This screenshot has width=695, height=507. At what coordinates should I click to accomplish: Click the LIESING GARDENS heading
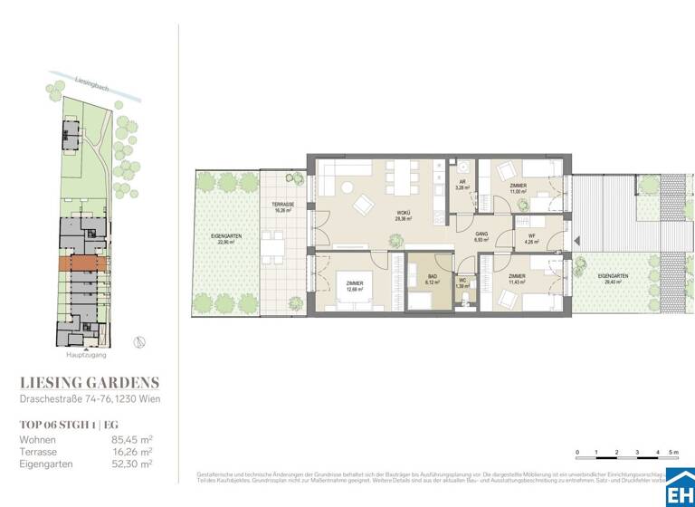click(90, 383)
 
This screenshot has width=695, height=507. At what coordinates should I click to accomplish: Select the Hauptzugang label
click(82, 355)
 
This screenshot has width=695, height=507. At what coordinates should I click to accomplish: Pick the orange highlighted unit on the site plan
click(83, 263)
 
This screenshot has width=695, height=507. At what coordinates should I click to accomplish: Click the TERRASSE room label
click(284, 207)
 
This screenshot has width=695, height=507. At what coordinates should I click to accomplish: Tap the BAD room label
click(432, 278)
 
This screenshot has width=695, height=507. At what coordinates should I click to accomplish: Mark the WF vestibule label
click(532, 239)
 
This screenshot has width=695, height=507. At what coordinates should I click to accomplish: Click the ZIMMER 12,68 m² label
click(354, 288)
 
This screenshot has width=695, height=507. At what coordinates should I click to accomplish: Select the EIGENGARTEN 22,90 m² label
click(224, 239)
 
